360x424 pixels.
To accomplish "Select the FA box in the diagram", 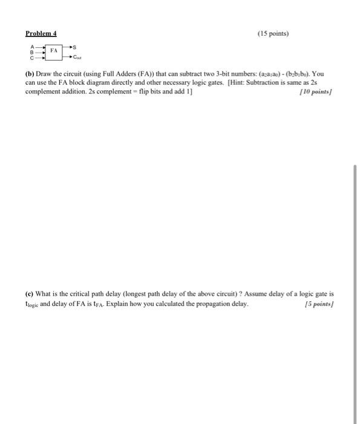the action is click(x=54, y=53).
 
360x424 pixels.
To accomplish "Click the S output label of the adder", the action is click(x=77, y=47).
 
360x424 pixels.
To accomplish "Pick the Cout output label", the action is click(x=77, y=58).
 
